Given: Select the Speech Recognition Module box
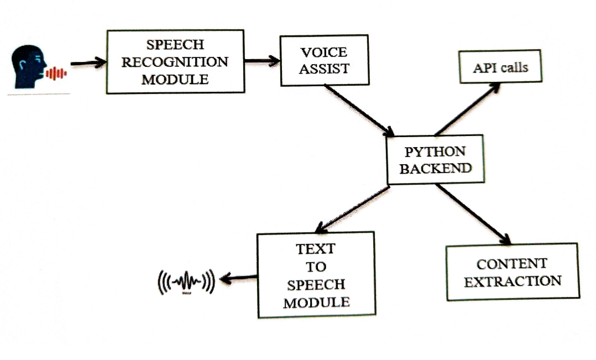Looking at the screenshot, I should point(175,61).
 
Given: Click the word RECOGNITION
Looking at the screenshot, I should point(175,62).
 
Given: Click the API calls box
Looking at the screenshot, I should point(500,67).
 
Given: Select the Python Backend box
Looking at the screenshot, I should point(435,159).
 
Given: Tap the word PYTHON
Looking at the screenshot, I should point(435,152).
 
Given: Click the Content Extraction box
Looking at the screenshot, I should point(512,272).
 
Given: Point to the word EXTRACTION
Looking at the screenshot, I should point(512,281).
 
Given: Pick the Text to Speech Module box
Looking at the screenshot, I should point(316,274).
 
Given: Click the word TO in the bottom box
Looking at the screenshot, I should point(316,267).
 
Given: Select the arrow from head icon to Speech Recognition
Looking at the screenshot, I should point(88,63).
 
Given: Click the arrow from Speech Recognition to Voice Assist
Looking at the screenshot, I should point(262,61).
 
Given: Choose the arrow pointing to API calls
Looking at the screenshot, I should point(468,109).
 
